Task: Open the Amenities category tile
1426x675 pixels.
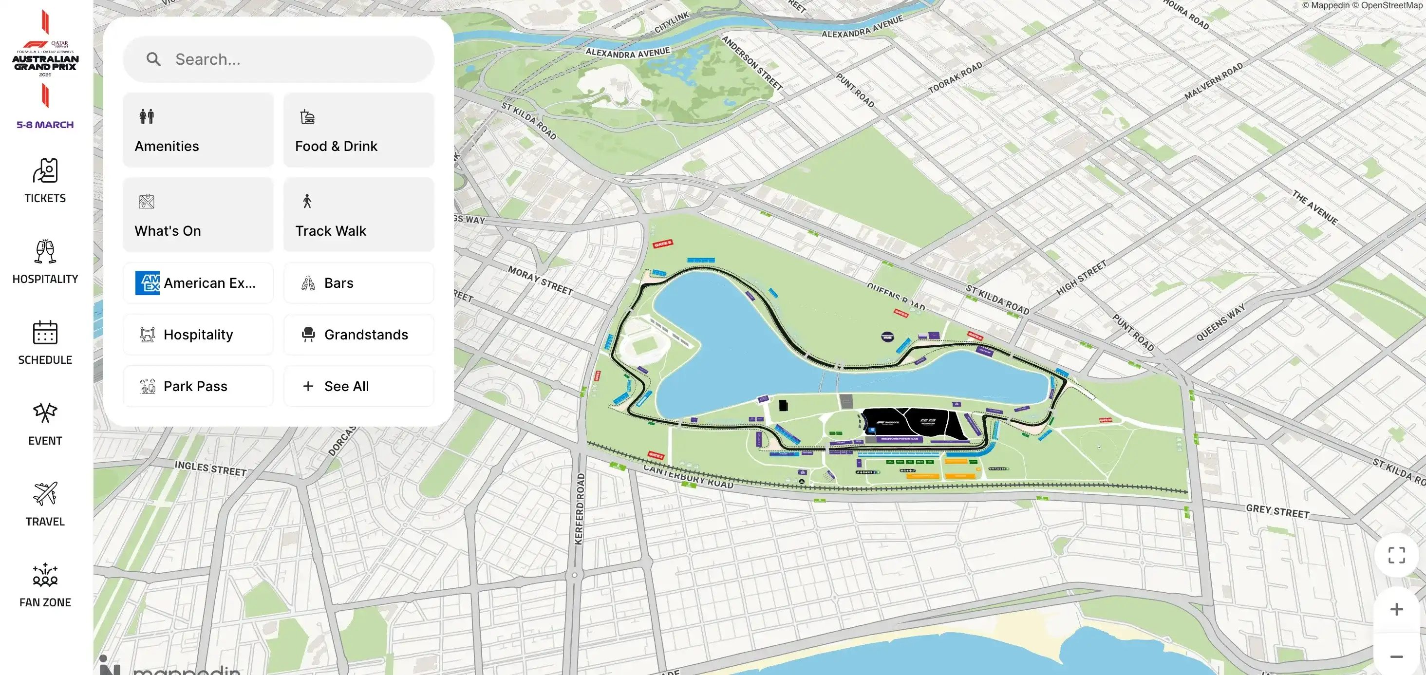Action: (198, 130)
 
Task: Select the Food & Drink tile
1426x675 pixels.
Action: (359, 130)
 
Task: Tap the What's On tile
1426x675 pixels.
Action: (198, 215)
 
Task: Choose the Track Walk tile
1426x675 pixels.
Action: (359, 215)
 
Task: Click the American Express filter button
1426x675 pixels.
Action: (198, 283)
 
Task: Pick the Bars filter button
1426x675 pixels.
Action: (359, 283)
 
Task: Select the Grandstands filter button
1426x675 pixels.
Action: (359, 335)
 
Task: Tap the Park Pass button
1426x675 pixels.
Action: (198, 386)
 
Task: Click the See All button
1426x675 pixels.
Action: (359, 386)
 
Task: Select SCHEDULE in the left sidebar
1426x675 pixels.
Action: (45, 343)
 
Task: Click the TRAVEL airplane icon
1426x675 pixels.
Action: (45, 494)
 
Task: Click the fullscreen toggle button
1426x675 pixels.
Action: (1396, 555)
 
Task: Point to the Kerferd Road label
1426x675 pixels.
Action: (579, 509)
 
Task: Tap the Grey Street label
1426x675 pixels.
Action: (1277, 511)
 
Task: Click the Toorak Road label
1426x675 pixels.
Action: (955, 77)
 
